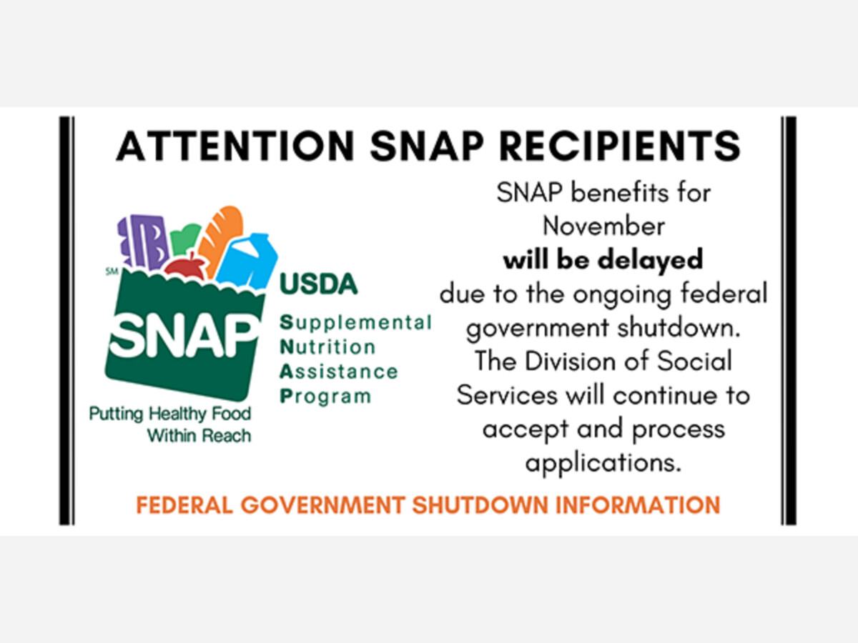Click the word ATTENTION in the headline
coord(235,146)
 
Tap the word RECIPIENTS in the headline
coord(620,146)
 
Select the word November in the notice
coord(603,226)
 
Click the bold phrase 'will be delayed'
coord(603,259)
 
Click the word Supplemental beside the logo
coord(355,323)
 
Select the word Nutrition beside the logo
coord(327,347)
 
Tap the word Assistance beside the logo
coord(338,372)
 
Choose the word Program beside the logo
coord(325,397)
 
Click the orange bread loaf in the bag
coord(220,239)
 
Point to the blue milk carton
coord(247,261)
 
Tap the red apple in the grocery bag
coord(185,267)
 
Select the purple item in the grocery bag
coord(144,241)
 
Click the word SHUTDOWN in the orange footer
coord(480,505)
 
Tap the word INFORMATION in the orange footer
coord(638,505)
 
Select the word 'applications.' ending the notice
coord(603,464)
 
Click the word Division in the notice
coord(571,362)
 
